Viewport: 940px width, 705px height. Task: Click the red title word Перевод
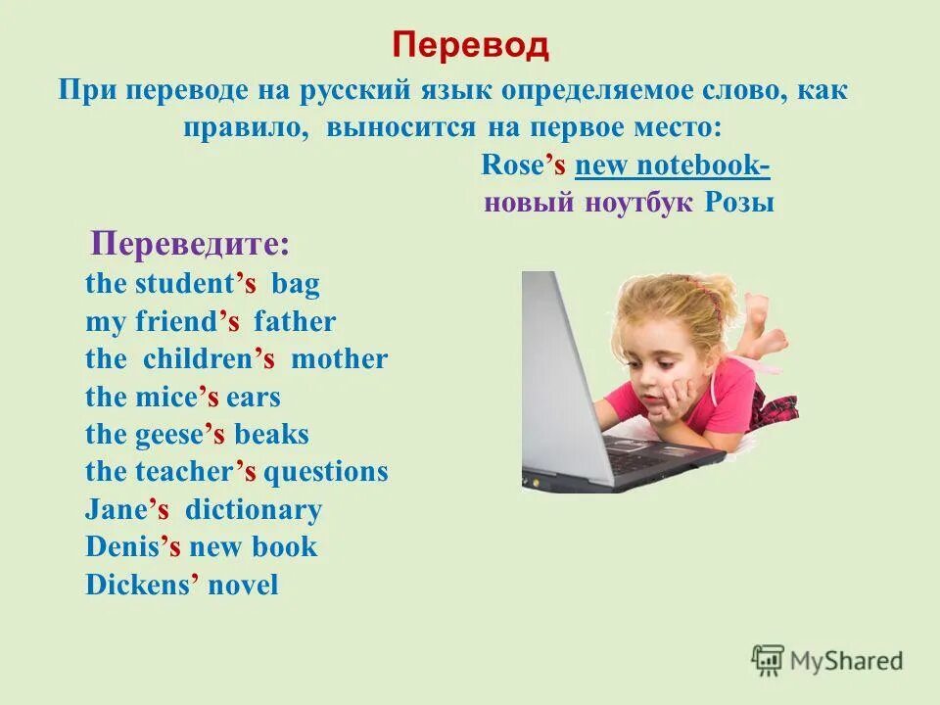pyautogui.click(x=470, y=46)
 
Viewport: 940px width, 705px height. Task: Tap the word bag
pyautogui.click(x=296, y=285)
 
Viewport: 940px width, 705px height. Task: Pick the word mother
pyautogui.click(x=339, y=359)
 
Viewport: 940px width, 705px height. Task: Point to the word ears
pyautogui.click(x=253, y=398)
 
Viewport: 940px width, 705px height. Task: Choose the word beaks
pyautogui.click(x=273, y=435)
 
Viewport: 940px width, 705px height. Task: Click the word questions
pyautogui.click(x=326, y=472)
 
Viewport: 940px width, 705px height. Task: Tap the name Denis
pyautogui.click(x=121, y=547)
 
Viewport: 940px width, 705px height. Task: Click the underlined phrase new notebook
pyautogui.click(x=672, y=166)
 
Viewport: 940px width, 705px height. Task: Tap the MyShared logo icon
pyautogui.click(x=768, y=659)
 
